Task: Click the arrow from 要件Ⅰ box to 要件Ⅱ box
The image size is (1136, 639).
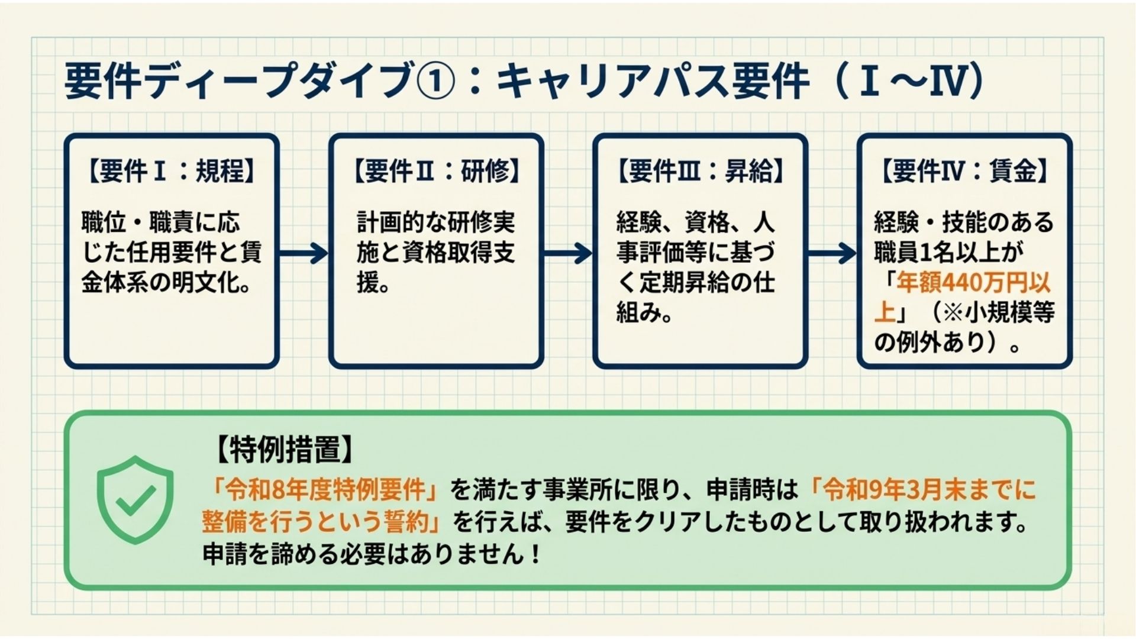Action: coord(304,253)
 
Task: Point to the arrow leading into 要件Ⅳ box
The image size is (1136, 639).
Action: coord(832,253)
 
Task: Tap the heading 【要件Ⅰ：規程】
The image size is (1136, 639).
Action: coord(171,172)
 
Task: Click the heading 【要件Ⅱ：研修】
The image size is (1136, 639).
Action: coord(436,172)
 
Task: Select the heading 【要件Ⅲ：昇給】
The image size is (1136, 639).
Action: coord(700,172)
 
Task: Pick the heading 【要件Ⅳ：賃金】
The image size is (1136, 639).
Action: coord(964,172)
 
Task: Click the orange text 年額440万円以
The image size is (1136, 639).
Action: coord(973,283)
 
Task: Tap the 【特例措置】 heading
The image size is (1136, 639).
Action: coord(285,450)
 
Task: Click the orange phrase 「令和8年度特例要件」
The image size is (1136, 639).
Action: coord(326,490)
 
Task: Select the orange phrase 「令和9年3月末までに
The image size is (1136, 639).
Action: coord(923,490)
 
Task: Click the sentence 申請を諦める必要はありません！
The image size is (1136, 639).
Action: coord(372,554)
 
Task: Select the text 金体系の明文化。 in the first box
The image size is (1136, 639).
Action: coord(166,283)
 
